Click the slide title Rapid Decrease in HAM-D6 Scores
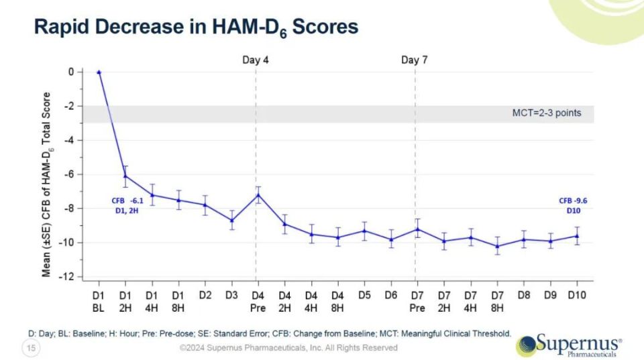(195, 27)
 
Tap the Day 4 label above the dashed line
(256, 60)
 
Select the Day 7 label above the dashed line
(415, 60)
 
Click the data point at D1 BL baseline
(99, 72)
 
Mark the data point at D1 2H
(125, 176)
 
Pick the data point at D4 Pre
(258, 195)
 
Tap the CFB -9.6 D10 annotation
(574, 204)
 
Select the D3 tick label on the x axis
(231, 295)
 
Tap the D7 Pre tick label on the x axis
(417, 301)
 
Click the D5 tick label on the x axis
(364, 295)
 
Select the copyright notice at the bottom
(288, 347)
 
